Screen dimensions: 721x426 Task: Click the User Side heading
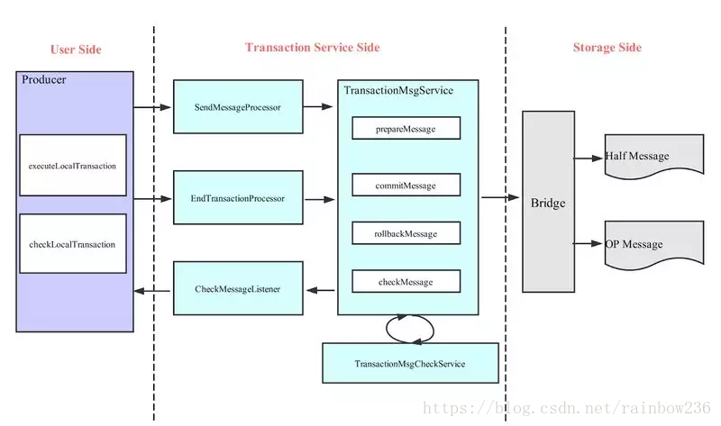(76, 50)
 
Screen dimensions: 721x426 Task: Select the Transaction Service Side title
(312, 48)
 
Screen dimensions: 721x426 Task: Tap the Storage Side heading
(607, 48)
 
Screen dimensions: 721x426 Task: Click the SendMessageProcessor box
(238, 106)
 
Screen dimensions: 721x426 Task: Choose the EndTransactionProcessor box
(238, 197)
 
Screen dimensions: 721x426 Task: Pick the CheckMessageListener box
(238, 288)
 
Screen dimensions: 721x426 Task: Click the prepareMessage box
(406, 128)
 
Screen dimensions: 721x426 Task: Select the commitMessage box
(406, 185)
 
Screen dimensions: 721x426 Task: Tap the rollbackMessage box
(406, 233)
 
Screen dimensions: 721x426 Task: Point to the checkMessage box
(406, 281)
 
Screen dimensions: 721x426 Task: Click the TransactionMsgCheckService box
(410, 363)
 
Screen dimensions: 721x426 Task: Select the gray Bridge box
(548, 202)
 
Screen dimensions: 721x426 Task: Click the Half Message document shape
(654, 155)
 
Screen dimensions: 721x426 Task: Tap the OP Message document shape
(654, 243)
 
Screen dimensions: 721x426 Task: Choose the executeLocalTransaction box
(73, 166)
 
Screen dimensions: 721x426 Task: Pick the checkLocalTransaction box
(73, 243)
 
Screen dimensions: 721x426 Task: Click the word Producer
(43, 80)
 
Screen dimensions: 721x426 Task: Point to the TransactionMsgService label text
(398, 91)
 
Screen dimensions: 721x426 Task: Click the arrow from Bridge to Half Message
(589, 159)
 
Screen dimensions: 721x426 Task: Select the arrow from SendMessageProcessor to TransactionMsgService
(318, 106)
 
